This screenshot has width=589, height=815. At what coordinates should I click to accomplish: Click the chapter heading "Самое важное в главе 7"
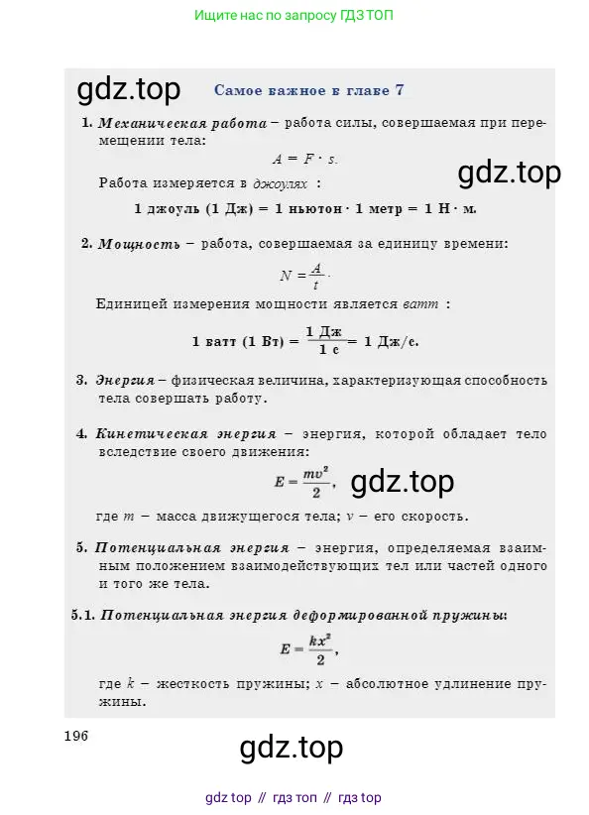coord(308,90)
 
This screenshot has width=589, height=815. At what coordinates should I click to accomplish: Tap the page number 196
coord(76,736)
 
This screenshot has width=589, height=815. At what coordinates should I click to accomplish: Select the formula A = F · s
coord(305,159)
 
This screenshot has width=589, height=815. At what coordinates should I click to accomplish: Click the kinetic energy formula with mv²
coord(304,482)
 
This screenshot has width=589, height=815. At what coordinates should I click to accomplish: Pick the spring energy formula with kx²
coord(308,650)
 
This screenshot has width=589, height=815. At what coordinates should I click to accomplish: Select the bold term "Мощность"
coord(139,244)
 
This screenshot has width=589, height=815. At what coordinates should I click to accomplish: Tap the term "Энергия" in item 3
coord(125,380)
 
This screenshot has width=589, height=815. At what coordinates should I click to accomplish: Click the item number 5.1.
coord(82,615)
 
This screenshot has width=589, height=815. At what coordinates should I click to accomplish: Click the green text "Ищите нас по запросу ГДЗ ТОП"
coord(299,16)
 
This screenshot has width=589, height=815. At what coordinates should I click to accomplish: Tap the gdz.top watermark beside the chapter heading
coord(129,89)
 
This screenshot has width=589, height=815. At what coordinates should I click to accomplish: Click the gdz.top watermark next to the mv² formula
coord(403,482)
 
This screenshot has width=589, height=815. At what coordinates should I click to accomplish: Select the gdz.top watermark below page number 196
coord(292,746)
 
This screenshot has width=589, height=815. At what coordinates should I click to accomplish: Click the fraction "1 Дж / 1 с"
coord(323,340)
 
